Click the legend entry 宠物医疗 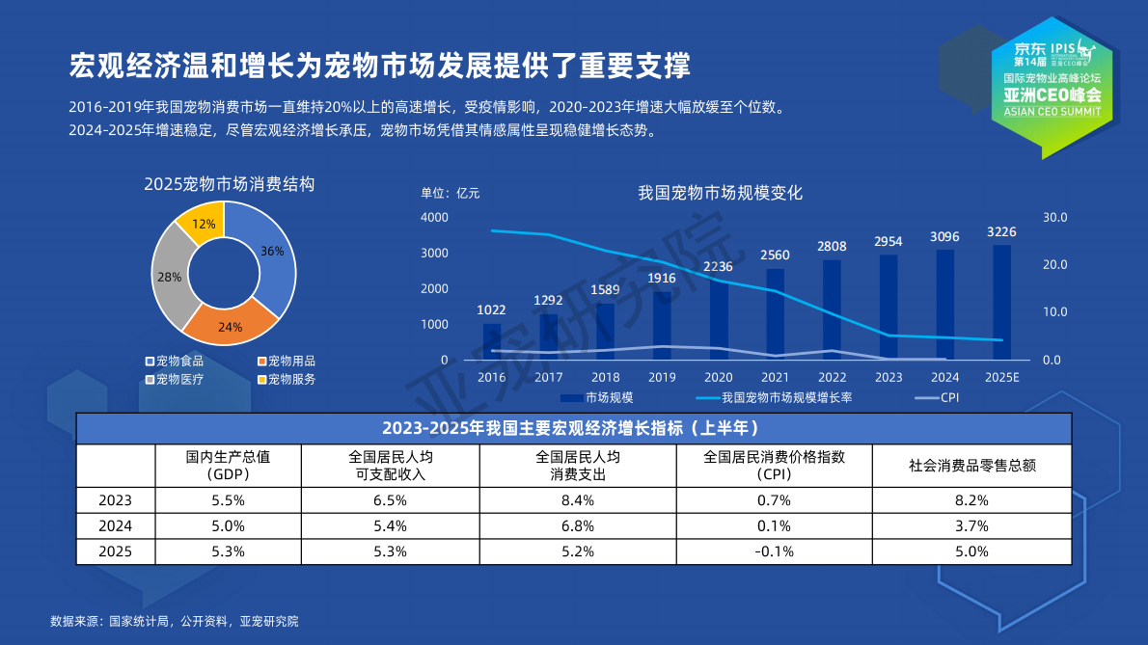click(179, 379)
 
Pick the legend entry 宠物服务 click(291, 379)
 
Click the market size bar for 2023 click(888, 309)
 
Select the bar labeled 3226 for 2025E click(1001, 301)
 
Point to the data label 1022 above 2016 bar click(492, 309)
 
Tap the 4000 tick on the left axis click(435, 217)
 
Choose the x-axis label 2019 click(662, 377)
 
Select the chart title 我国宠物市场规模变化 click(720, 192)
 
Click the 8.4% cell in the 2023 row click(579, 500)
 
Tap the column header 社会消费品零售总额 click(971, 465)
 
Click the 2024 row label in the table click(115, 526)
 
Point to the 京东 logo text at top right click(1029, 48)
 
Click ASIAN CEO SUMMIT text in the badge click(1052, 111)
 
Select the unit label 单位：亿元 click(450, 192)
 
